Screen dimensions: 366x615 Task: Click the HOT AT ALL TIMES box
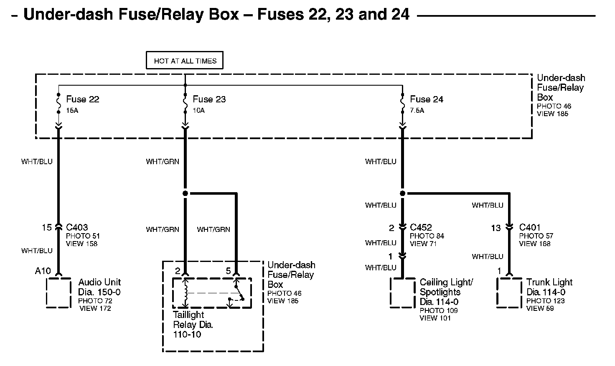[185, 61]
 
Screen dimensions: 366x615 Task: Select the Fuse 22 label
[82, 99]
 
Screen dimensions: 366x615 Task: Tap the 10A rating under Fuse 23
[199, 110]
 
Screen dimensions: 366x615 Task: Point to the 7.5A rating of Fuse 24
[417, 110]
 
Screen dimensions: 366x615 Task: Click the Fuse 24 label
[426, 99]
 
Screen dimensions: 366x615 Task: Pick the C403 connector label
[77, 227]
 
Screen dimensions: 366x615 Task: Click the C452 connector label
[421, 227]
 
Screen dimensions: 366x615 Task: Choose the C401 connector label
[530, 227]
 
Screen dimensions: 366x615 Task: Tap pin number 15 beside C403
[46, 227]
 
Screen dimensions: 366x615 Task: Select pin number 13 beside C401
[496, 228]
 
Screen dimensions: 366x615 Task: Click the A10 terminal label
[43, 271]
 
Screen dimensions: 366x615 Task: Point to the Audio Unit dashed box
[58, 292]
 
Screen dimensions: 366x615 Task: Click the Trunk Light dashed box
[509, 292]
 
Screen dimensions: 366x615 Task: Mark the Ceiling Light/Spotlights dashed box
[402, 292]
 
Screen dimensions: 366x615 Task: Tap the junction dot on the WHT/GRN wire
[185, 193]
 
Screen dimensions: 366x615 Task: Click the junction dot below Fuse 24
[402, 193]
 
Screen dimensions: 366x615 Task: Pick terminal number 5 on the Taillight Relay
[228, 271]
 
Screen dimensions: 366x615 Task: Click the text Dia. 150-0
[99, 292]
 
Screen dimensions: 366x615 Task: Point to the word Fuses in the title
[282, 15]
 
